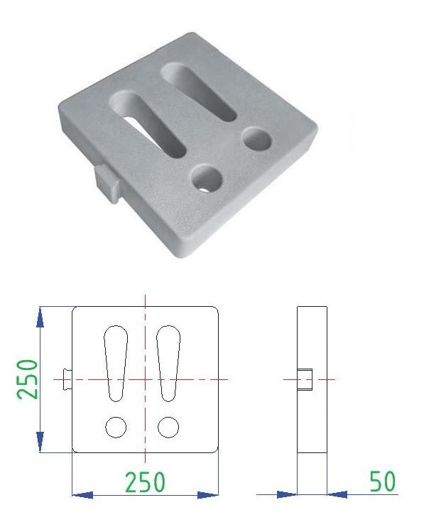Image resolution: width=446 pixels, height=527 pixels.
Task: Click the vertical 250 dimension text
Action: click(x=28, y=379)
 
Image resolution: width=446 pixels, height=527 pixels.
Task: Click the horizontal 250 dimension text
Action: click(x=145, y=482)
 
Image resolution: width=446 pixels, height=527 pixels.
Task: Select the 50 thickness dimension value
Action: click(x=383, y=482)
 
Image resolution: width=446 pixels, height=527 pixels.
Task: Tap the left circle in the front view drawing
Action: click(x=116, y=427)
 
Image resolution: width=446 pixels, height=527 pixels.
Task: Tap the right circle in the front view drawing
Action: click(x=168, y=427)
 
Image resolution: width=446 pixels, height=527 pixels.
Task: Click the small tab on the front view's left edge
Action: click(x=67, y=379)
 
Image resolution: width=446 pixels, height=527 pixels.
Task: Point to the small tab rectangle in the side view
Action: click(x=305, y=379)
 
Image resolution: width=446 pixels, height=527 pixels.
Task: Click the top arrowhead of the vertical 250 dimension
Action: click(x=40, y=317)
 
